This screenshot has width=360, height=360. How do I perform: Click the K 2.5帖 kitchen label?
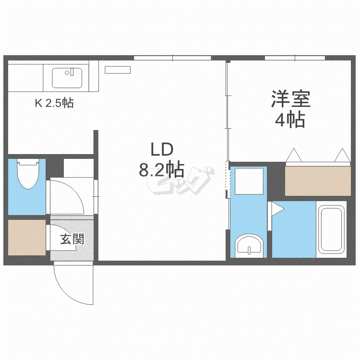pyautogui.click(x=54, y=103)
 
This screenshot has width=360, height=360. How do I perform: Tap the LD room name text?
pyautogui.click(x=162, y=149)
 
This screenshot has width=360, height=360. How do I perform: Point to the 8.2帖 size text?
pyautogui.click(x=162, y=169)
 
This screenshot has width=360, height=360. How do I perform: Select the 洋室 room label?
pyautogui.click(x=291, y=99)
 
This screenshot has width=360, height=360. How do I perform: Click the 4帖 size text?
pyautogui.click(x=290, y=119)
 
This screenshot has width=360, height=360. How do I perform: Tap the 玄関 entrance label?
pyautogui.click(x=72, y=239)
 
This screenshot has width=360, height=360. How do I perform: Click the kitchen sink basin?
pyautogui.click(x=67, y=78)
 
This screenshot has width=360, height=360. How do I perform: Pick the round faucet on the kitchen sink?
pyautogui.click(x=67, y=73)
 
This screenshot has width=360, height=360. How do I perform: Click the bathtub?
pyautogui.click(x=331, y=229)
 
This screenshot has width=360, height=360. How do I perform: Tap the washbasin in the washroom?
pyautogui.click(x=249, y=246)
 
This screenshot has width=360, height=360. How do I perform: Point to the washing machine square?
pyautogui.click(x=249, y=181)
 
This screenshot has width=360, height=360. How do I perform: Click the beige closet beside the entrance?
pyautogui.click(x=27, y=238)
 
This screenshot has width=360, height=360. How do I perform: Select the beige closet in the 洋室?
pyautogui.click(x=318, y=181)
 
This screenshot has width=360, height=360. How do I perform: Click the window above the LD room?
pyautogui.click(x=172, y=58)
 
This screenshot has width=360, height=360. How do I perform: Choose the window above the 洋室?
pyautogui.click(x=295, y=58)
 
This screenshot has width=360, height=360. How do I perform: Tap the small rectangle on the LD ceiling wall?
pyautogui.click(x=118, y=70)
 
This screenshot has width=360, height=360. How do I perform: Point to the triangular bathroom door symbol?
pyautogui.click(x=277, y=209)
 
